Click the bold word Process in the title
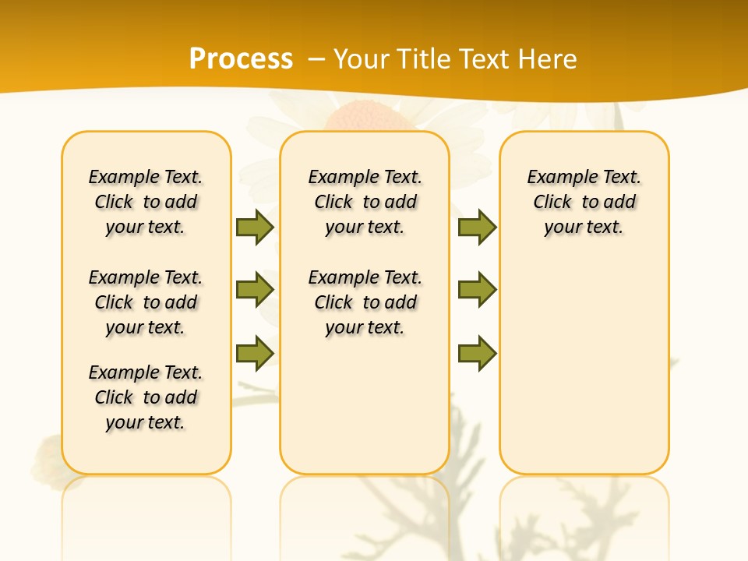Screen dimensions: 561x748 click(241, 59)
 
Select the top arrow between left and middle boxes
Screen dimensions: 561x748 click(255, 227)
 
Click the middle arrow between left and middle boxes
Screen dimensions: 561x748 click(255, 290)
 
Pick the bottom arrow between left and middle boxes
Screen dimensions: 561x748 click(255, 353)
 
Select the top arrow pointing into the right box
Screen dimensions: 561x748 click(477, 227)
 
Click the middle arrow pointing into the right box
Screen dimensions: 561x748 click(477, 290)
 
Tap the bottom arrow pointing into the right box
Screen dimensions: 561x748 click(477, 353)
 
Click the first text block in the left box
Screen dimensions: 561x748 click(146, 202)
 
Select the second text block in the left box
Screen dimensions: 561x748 click(146, 302)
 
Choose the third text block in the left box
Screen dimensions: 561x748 click(146, 397)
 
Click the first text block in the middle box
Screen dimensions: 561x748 click(365, 202)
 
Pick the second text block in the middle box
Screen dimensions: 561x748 click(365, 302)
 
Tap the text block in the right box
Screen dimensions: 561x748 click(584, 202)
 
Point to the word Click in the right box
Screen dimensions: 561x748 click(552, 203)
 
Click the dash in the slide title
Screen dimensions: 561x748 click(316, 59)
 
